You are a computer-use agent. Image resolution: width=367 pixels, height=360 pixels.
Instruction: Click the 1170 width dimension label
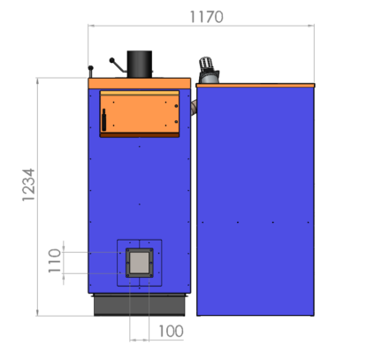click(x=206, y=17)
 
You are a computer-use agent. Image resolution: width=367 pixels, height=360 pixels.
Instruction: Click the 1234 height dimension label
click(x=28, y=185)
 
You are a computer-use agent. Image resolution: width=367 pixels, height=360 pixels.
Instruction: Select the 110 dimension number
click(x=55, y=261)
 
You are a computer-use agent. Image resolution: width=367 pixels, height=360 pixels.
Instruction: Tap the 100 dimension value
click(x=171, y=331)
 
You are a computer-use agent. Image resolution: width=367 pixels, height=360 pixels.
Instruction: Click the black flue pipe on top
click(x=140, y=65)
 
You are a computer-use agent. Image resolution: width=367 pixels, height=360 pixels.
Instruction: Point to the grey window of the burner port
click(x=140, y=263)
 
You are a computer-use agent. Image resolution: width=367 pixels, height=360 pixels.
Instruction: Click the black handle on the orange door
click(x=103, y=119)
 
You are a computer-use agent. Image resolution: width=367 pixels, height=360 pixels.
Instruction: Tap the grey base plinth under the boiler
click(x=140, y=305)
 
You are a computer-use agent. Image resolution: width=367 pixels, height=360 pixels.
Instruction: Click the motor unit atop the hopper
click(x=209, y=71)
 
